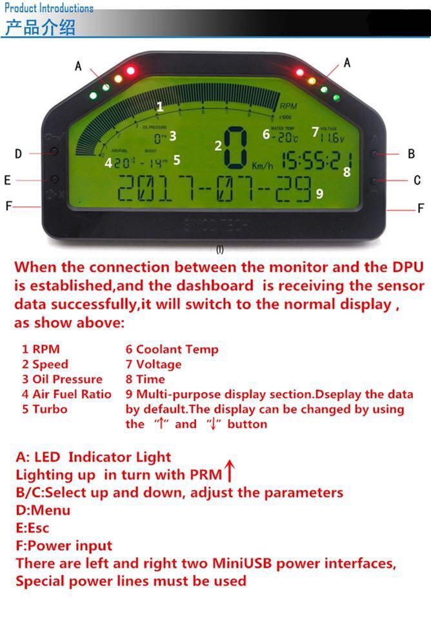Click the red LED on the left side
click(x=130, y=70)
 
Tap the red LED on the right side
click(x=299, y=72)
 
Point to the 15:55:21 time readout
click(x=316, y=160)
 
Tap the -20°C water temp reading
click(x=285, y=137)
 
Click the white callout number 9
click(x=319, y=193)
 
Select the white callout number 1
click(x=160, y=107)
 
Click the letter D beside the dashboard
click(x=18, y=153)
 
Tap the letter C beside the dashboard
click(x=417, y=181)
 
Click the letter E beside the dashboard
click(x=8, y=181)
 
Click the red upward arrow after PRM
click(x=228, y=472)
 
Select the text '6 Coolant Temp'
click(x=172, y=349)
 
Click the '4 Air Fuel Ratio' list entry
click(x=66, y=394)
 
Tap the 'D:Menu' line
click(x=43, y=510)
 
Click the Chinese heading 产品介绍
click(x=40, y=27)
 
